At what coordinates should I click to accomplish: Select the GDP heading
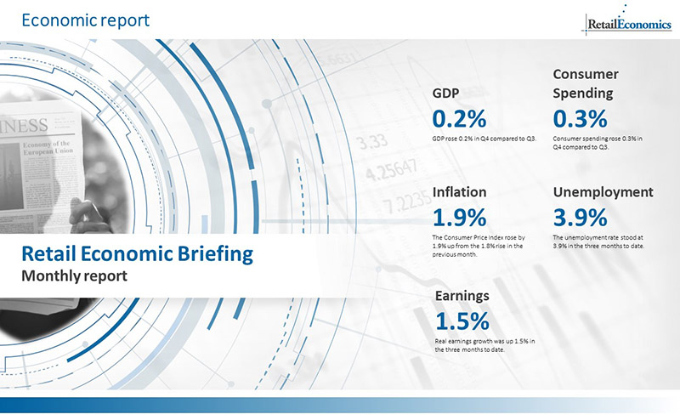point(448,93)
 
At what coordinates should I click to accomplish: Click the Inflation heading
point(459,192)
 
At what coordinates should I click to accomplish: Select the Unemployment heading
point(603,192)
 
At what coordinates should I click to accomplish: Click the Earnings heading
point(462,295)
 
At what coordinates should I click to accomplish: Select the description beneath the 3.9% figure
point(598,241)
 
